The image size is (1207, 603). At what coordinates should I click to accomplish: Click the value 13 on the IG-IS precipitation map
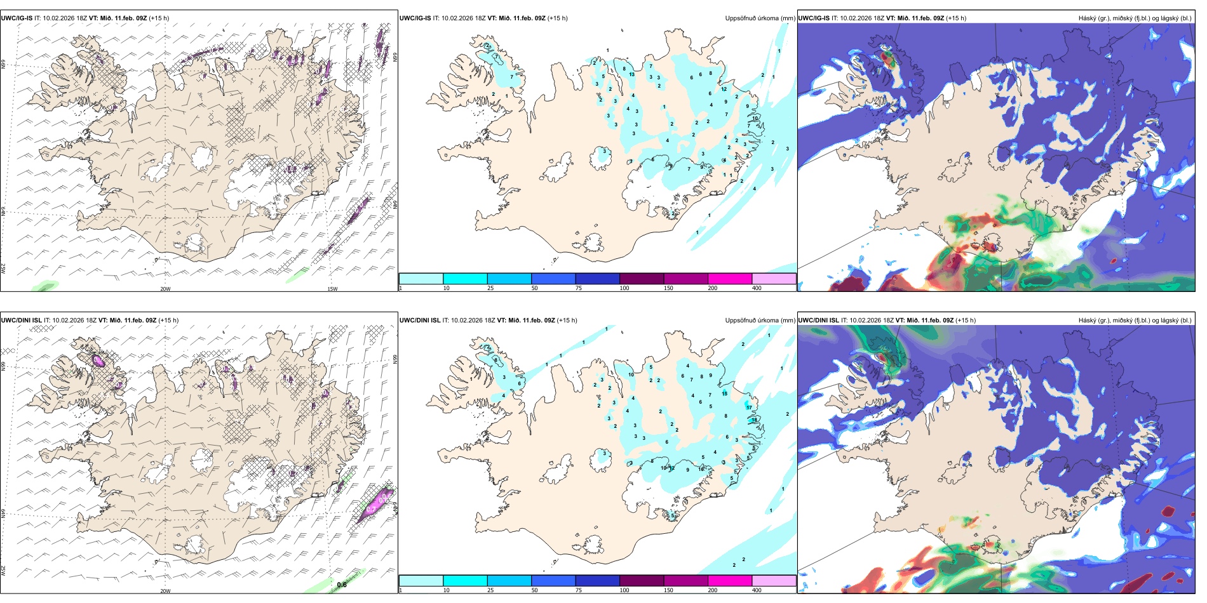(x=631, y=75)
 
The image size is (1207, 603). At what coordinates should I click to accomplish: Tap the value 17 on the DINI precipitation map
(x=750, y=408)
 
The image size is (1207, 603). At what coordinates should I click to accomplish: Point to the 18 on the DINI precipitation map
(x=754, y=420)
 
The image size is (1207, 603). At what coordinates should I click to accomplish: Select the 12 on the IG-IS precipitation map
(x=724, y=89)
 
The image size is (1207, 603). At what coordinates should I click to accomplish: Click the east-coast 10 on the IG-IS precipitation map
(x=755, y=118)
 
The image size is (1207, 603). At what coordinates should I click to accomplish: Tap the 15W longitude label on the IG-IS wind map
(x=332, y=289)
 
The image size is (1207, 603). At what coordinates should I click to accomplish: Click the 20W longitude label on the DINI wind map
(x=165, y=591)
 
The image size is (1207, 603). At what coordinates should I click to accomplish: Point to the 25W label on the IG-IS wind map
(x=3, y=268)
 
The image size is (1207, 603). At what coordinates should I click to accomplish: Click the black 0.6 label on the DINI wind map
(x=342, y=585)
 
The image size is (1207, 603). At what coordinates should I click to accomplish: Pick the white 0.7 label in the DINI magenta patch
(x=382, y=500)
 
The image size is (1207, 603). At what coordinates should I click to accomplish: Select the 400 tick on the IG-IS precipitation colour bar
(x=757, y=288)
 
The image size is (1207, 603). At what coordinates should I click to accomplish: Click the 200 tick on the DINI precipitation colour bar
(x=712, y=590)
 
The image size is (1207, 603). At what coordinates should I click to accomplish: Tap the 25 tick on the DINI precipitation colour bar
(x=490, y=590)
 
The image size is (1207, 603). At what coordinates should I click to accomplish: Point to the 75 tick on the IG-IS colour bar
(x=579, y=288)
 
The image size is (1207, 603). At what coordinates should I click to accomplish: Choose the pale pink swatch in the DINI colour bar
(x=774, y=581)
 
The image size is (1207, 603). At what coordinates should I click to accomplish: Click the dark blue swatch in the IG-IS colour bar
(x=597, y=279)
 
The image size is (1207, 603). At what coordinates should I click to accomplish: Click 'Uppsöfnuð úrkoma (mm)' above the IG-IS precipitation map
(x=760, y=18)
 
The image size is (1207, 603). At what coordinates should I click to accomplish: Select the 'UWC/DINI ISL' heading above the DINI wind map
(x=21, y=321)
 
